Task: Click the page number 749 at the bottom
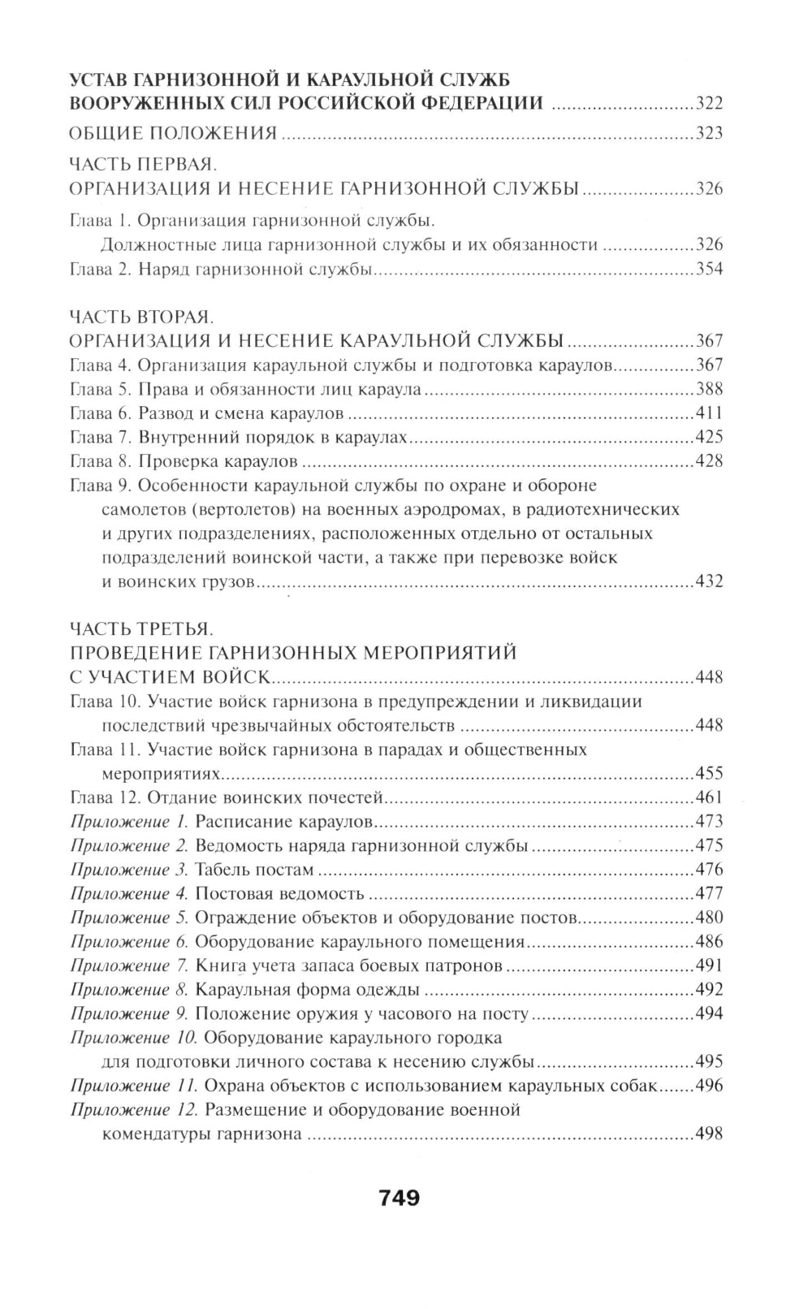tap(398, 1197)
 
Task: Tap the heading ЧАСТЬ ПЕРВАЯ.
tap(140, 165)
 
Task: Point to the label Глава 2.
tap(101, 270)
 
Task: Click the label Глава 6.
tap(101, 413)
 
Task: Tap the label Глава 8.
tap(101, 461)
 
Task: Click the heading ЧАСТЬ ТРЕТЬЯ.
tap(140, 629)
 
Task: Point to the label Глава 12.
tap(105, 797)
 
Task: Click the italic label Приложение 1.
tap(129, 822)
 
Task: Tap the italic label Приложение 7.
tap(130, 966)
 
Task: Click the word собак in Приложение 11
tap(634, 1087)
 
